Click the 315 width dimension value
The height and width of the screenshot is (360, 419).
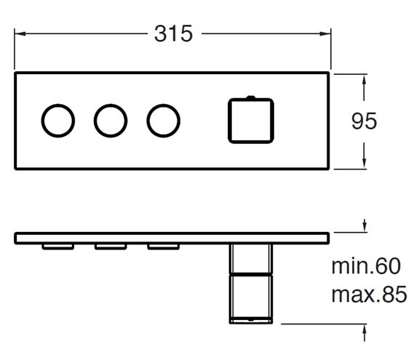coord(173,33)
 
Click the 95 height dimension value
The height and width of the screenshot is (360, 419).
coord(364,121)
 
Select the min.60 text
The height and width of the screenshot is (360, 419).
coord(366,266)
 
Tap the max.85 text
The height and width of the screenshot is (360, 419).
coord(369,294)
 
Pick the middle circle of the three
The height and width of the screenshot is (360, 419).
coord(94,121)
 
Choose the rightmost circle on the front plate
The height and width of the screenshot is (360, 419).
coord(147,121)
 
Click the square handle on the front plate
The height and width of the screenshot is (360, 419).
coord(228,121)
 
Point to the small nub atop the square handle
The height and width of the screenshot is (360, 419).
coord(251,97)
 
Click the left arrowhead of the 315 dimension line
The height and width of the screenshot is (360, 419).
coord(20,33)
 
